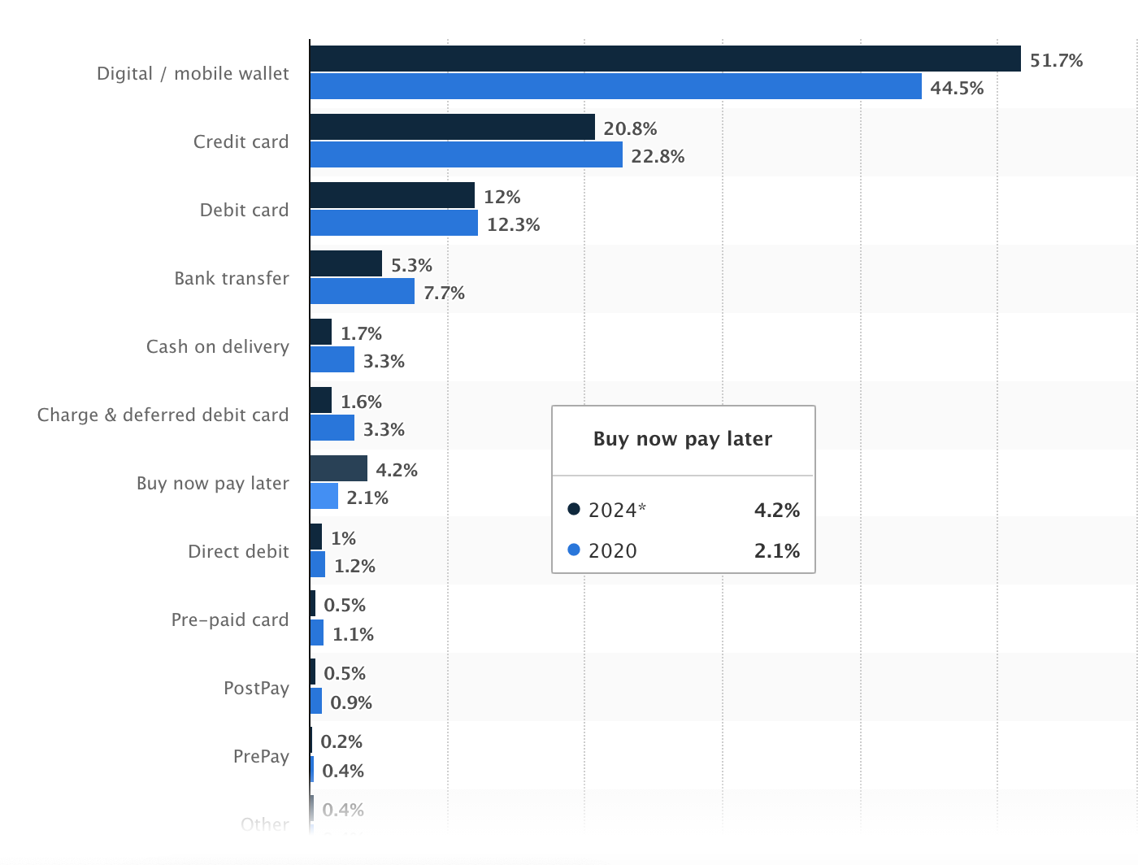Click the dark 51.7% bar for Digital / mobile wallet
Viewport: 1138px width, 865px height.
665,59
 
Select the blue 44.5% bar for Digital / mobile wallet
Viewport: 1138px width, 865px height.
615,86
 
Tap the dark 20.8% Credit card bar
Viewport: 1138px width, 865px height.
452,127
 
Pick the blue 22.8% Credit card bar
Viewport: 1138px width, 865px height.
466,154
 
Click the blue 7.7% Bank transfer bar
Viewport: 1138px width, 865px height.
362,291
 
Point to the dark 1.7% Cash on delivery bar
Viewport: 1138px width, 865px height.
320,332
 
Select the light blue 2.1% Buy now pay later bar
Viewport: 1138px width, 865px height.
324,496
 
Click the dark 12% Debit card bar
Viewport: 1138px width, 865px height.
392,195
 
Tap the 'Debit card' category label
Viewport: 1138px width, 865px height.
244,210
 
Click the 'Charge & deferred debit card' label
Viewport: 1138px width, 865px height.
163,415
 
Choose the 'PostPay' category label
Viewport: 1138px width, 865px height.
256,688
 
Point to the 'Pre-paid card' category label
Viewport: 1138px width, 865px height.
230,619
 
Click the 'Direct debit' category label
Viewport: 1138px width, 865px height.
238,551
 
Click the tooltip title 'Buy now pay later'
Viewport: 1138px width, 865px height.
683,439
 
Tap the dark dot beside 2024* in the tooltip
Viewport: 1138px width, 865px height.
574,510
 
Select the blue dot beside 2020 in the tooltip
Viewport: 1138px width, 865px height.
574,550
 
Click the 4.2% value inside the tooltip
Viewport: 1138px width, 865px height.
776,510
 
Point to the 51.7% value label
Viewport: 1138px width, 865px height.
1056,60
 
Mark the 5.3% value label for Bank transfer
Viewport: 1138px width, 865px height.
411,265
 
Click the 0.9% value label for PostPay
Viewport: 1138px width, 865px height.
351,702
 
